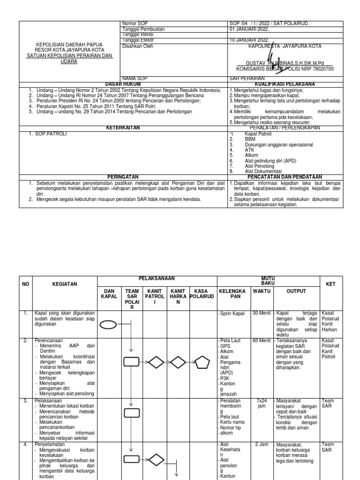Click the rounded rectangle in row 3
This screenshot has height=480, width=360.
click(131, 412)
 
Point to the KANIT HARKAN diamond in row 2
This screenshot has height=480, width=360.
click(179, 362)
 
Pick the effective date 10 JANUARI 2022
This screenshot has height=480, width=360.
click(249, 41)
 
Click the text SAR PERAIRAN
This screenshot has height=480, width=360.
click(247, 78)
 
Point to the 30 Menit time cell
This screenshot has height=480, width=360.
click(261, 313)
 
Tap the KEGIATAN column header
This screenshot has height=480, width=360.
click(65, 284)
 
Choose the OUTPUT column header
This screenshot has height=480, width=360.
click(296, 291)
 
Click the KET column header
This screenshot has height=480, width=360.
click(330, 284)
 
